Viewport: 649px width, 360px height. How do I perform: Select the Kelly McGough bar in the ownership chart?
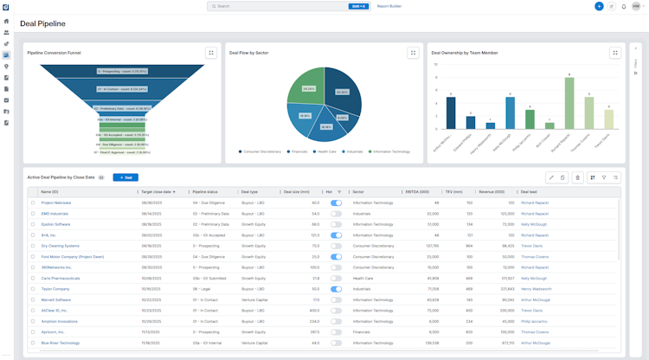tap(510, 113)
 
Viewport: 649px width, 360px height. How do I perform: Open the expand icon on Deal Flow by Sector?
tap(413, 53)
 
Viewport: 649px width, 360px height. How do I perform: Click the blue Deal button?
tap(125, 177)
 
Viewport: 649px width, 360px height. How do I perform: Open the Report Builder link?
tap(389, 6)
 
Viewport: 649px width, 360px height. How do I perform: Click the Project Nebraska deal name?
tap(56, 202)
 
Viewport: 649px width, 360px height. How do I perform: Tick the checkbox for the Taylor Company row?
tap(33, 289)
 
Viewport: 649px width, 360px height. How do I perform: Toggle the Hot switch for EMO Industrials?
tap(336, 213)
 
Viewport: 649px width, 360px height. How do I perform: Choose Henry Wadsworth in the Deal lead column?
tap(537, 289)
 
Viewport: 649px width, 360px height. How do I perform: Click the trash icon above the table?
tap(578, 177)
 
